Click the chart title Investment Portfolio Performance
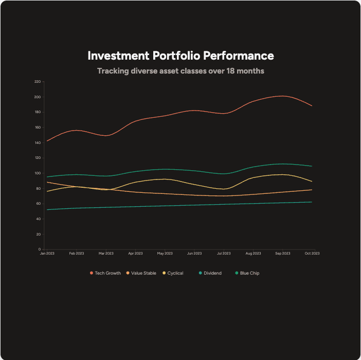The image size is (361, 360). (180, 56)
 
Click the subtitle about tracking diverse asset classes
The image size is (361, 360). (180, 71)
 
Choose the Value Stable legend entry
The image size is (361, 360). (143, 273)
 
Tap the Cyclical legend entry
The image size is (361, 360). (175, 273)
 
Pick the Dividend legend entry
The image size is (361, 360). (212, 273)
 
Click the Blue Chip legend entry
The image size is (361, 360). (249, 273)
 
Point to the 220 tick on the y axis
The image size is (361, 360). (38, 82)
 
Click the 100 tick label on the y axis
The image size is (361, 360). (38, 173)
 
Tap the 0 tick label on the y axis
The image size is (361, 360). (39, 249)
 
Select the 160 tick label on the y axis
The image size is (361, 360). (38, 128)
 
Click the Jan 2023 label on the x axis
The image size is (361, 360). (47, 254)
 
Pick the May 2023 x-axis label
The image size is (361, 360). (165, 254)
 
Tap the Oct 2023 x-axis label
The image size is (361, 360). (312, 254)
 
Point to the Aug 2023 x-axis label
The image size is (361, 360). (253, 254)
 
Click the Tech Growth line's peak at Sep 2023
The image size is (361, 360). (282, 96)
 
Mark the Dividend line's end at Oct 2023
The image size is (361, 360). (312, 202)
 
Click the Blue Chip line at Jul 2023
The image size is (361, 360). (223, 174)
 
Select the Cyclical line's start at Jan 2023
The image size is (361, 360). (47, 191)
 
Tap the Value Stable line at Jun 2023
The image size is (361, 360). (194, 195)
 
